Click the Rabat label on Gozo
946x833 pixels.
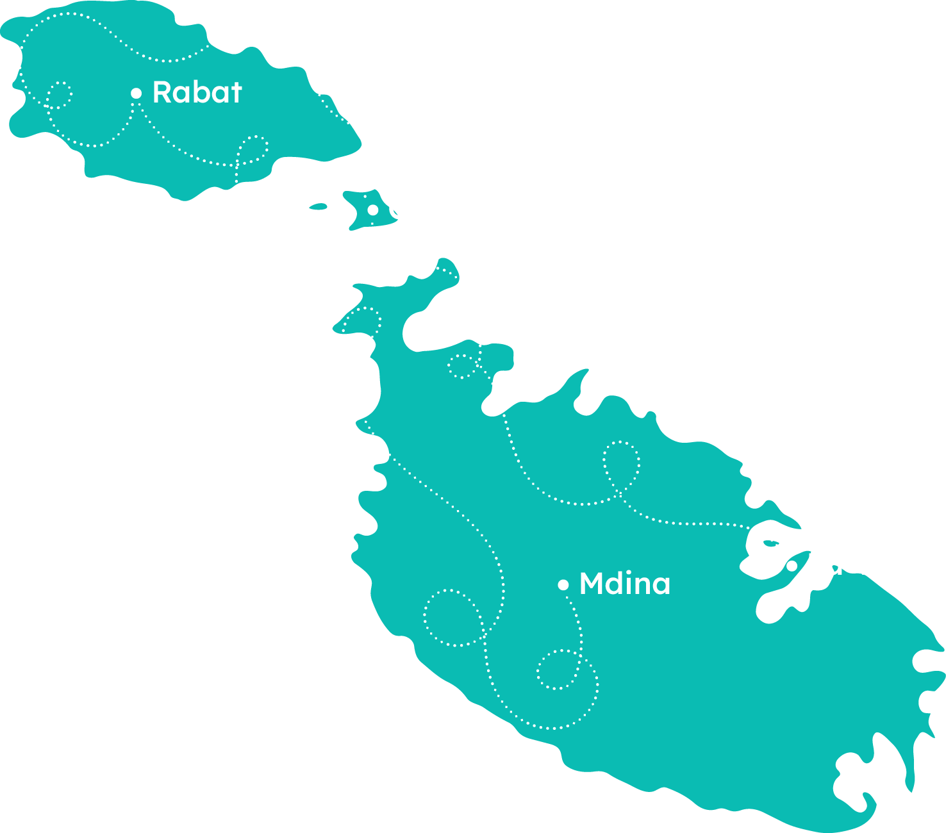tap(197, 92)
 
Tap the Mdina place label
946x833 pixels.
tap(624, 584)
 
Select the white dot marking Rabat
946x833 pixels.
tap(136, 94)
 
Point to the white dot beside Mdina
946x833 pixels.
tap(563, 584)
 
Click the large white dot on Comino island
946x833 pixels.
tap(372, 210)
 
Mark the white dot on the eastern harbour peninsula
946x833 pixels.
tap(792, 566)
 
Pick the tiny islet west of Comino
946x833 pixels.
tap(319, 206)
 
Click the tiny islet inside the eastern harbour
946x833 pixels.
tap(770, 543)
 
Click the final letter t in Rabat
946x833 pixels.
tap(235, 93)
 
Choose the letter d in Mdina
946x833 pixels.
tap(619, 584)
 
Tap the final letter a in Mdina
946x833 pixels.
tap(661, 586)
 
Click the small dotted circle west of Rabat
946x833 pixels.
tap(60, 95)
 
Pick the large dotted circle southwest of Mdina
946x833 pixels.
tap(452, 617)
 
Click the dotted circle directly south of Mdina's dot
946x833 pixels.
tap(558, 670)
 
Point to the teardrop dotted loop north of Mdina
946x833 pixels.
tap(621, 464)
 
